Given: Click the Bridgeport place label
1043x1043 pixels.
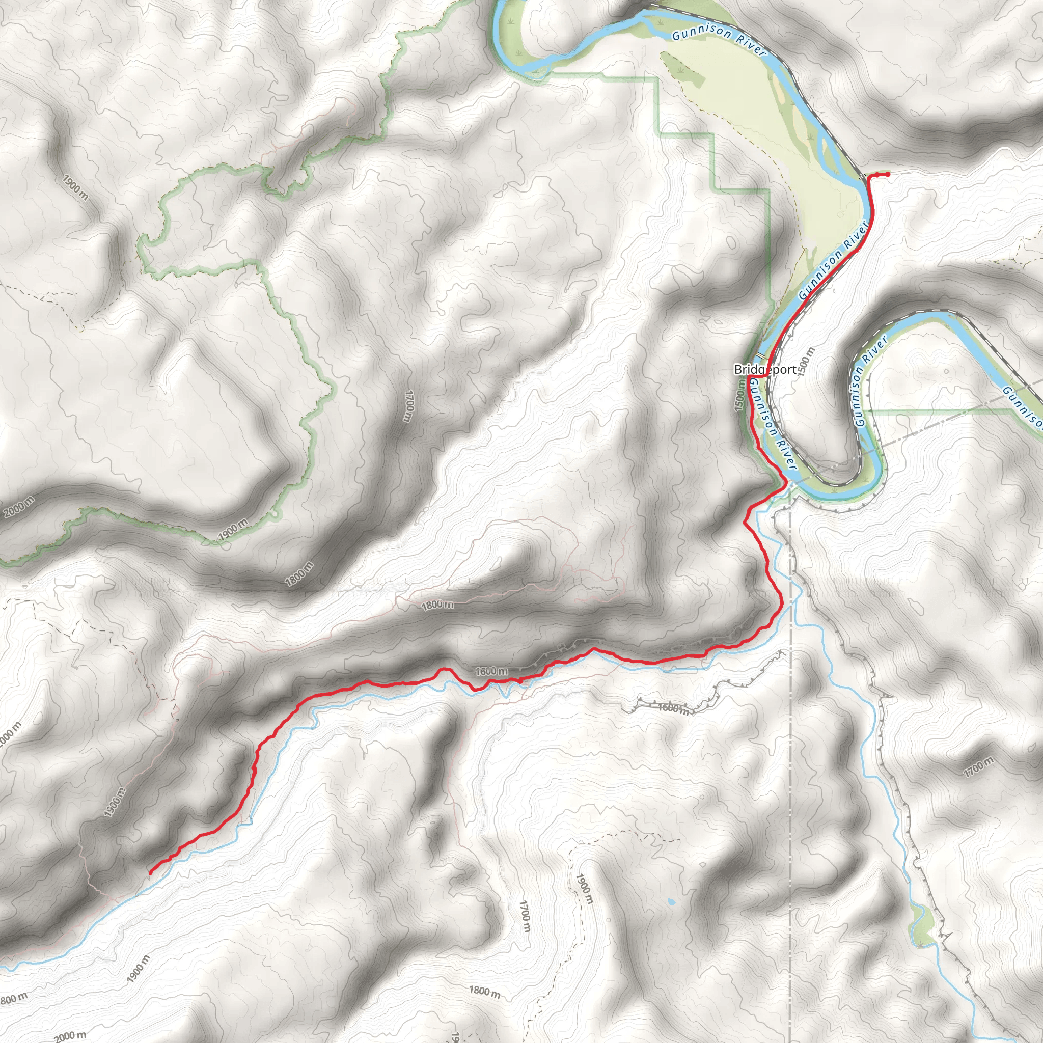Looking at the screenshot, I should (x=764, y=369).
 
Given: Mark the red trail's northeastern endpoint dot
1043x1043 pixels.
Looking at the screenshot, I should (x=888, y=173).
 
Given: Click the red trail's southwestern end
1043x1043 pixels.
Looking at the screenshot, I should (x=150, y=873).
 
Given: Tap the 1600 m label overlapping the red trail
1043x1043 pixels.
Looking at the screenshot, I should (x=491, y=671).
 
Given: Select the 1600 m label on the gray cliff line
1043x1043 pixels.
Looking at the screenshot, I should (x=674, y=708).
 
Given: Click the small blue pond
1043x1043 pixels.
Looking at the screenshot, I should (x=670, y=902).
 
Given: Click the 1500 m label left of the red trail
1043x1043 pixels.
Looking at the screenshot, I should (x=740, y=395).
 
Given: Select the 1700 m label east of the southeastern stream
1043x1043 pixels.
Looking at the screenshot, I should (x=978, y=767).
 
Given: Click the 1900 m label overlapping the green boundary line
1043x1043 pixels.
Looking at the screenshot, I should (x=233, y=530).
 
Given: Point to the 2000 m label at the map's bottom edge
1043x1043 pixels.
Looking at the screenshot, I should (x=70, y=1035).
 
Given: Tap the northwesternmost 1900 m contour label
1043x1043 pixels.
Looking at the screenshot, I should (x=75, y=187).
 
